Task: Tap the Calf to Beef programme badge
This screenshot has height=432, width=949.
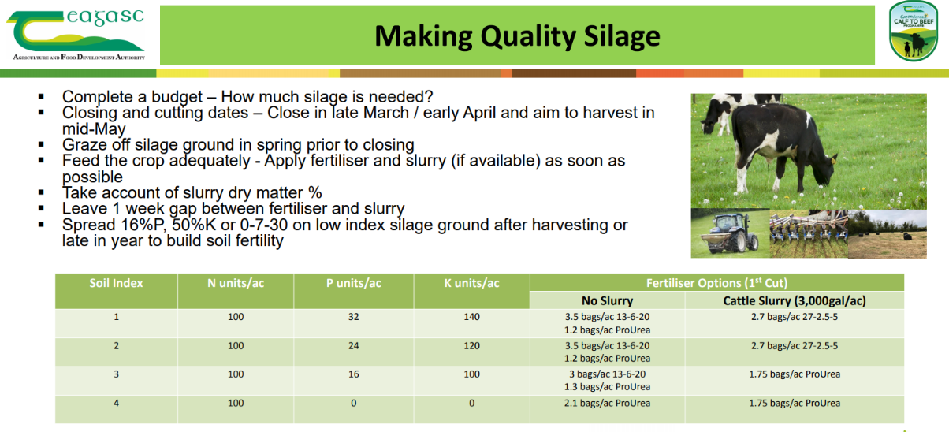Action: pos(912,32)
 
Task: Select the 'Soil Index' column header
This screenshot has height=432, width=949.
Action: pos(116,283)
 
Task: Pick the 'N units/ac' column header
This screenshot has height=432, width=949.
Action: pos(235,283)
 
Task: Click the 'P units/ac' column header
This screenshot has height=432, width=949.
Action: pos(353,283)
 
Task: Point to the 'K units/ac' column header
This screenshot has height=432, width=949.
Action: pos(471,283)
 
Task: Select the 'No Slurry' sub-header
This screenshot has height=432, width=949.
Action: pos(607,300)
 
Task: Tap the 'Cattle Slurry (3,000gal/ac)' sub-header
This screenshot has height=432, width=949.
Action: pos(794,300)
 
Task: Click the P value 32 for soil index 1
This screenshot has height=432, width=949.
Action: pos(353,317)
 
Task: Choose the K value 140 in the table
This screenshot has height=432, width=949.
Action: pos(471,317)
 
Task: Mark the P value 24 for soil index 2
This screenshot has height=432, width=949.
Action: pos(353,345)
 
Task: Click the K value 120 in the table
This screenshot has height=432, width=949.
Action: pos(471,345)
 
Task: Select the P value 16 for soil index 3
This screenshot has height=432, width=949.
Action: pos(353,374)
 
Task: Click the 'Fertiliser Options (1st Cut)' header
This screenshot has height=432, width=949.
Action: pos(716,283)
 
